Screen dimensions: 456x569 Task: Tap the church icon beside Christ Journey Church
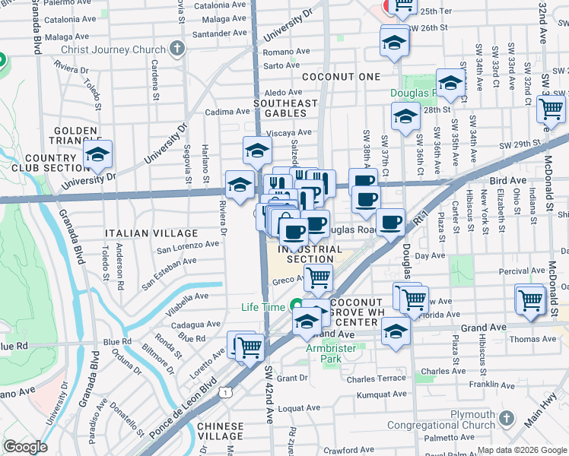[x=177, y=50]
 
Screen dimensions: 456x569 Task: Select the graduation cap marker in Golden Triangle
[x=97, y=157]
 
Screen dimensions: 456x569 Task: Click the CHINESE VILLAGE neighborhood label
[x=221, y=432]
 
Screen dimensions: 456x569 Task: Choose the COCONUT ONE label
[x=340, y=78]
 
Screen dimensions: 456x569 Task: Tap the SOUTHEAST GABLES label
[x=285, y=108]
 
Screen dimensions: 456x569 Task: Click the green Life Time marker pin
[x=297, y=306]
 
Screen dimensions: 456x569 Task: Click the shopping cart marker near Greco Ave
[x=318, y=278]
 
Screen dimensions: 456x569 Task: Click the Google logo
[x=25, y=447]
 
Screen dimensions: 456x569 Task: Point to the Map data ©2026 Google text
[x=522, y=450]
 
